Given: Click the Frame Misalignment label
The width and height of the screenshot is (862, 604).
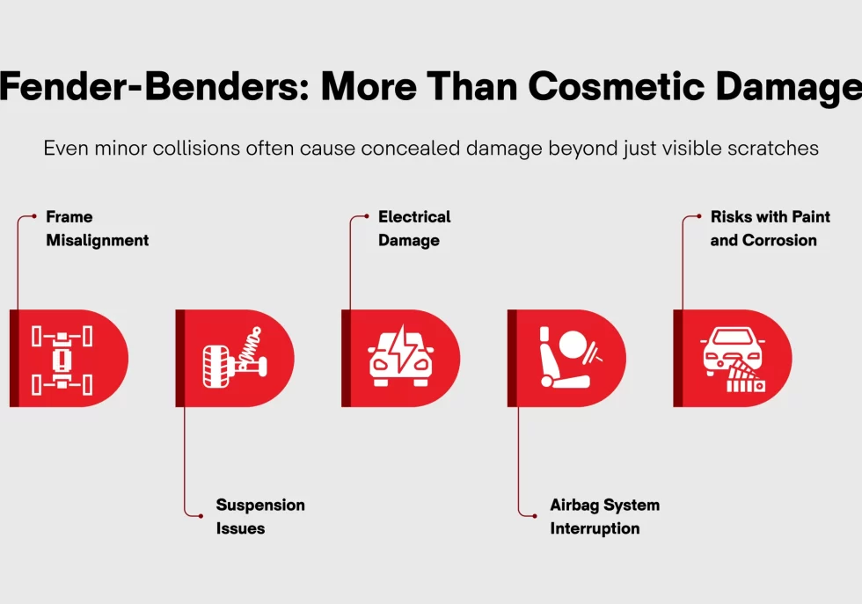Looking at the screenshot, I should point(97,229).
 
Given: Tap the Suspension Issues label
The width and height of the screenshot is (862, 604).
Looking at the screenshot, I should point(260,517).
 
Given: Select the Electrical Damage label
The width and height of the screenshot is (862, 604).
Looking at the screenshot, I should point(414,229).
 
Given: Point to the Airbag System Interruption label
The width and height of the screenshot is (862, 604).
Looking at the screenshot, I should point(604,517).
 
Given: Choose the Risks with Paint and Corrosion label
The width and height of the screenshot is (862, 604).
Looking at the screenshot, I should point(770,229).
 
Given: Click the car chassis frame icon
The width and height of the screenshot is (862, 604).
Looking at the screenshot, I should point(62,359).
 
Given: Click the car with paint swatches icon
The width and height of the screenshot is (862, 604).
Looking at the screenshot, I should point(734,359).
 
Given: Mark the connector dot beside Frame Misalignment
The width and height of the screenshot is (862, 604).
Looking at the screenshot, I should point(33,216).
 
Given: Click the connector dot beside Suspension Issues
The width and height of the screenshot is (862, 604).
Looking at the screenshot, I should point(201,515).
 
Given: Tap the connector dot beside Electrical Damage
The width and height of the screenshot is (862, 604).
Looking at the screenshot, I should point(366,216).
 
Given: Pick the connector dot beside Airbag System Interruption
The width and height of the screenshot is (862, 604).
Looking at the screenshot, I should point(534,515).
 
